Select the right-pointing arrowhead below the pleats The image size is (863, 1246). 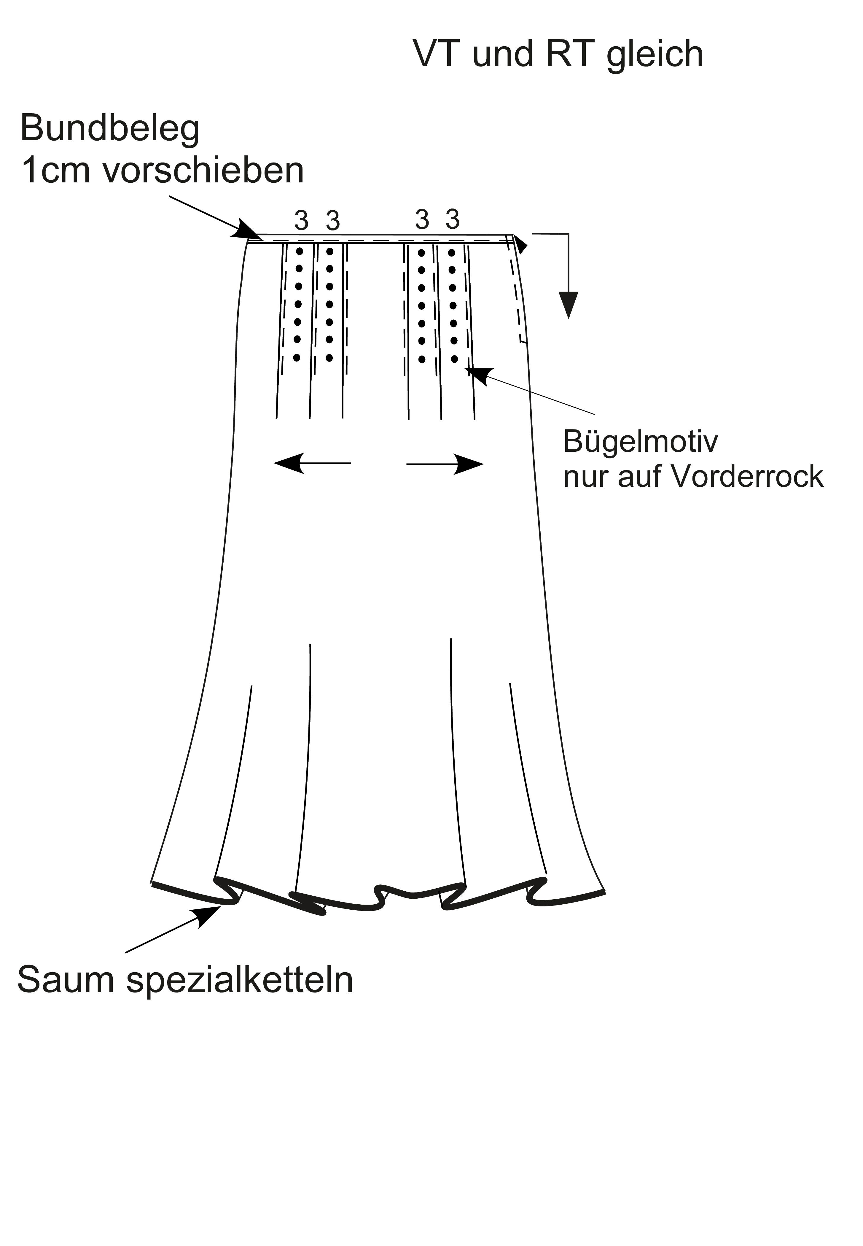pyautogui.click(x=468, y=464)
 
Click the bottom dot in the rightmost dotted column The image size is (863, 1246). pyautogui.click(x=454, y=359)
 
